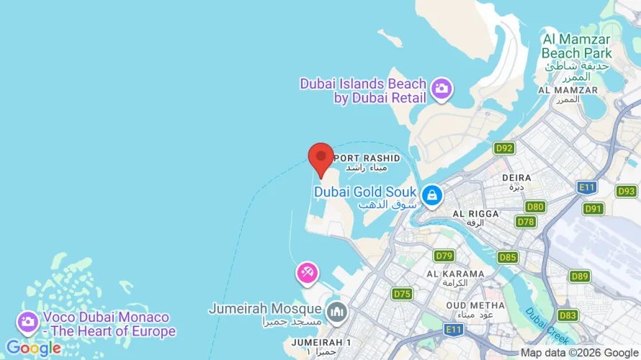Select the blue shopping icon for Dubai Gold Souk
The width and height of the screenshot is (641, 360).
coord(431,194)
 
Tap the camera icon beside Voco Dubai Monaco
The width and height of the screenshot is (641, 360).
coord(28,322)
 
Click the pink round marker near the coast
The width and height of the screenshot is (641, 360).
coord(307,273)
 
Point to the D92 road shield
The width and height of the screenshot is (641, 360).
coord(504,148)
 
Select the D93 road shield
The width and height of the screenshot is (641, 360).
coord(626,191)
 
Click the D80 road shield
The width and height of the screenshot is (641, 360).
coord(534,207)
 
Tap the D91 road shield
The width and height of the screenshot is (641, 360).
coord(593,209)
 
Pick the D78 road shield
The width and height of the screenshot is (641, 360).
coord(526,222)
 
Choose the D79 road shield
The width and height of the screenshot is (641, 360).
coord(444,256)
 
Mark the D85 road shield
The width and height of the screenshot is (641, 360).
coord(508,257)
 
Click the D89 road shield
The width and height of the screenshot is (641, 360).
coord(579,276)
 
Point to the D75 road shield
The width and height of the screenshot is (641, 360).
coord(402,294)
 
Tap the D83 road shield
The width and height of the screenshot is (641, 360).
coord(568,315)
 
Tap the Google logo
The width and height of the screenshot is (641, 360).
coord(33,349)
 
